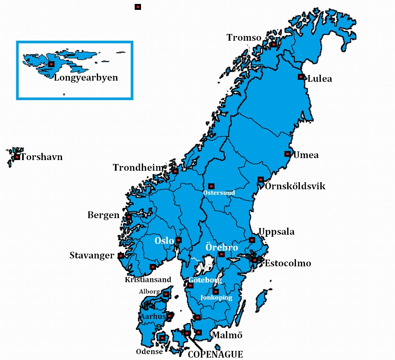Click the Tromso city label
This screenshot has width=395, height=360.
[x=244, y=38]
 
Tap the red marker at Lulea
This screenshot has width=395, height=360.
[x=301, y=77]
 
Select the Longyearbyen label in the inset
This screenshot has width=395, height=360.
[x=86, y=77]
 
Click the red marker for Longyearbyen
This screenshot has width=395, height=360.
[x=51, y=64]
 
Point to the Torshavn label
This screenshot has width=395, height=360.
[x=41, y=157]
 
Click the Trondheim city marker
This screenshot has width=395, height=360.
[x=175, y=172]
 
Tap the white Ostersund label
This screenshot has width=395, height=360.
[x=219, y=193]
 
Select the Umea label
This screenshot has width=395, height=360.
[x=306, y=155]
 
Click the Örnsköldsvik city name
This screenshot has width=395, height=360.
[x=295, y=186]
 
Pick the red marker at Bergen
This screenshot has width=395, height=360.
[x=129, y=217]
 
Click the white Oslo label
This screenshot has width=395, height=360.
[x=164, y=241]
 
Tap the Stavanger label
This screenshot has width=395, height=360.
[x=92, y=255]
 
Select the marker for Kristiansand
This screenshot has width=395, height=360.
[x=152, y=267]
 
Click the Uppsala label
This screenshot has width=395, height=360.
[x=276, y=232]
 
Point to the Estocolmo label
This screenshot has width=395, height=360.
[x=288, y=263]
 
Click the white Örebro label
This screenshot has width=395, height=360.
[x=222, y=247]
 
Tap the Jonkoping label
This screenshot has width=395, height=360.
[x=216, y=298]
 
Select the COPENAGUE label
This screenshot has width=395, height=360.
[x=215, y=354]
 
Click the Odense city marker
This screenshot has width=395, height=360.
[x=162, y=338]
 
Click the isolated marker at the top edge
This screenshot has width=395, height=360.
[x=138, y=7]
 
